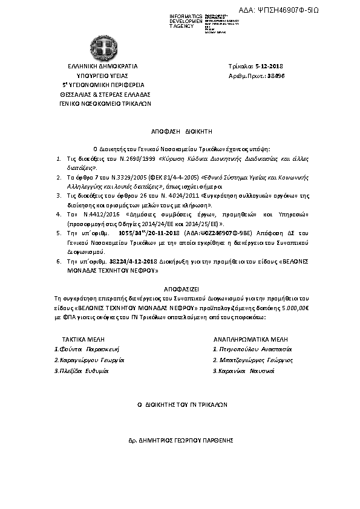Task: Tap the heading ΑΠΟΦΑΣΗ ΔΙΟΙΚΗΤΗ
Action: [x=179, y=130]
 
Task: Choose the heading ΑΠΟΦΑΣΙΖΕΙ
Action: [x=179, y=290]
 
